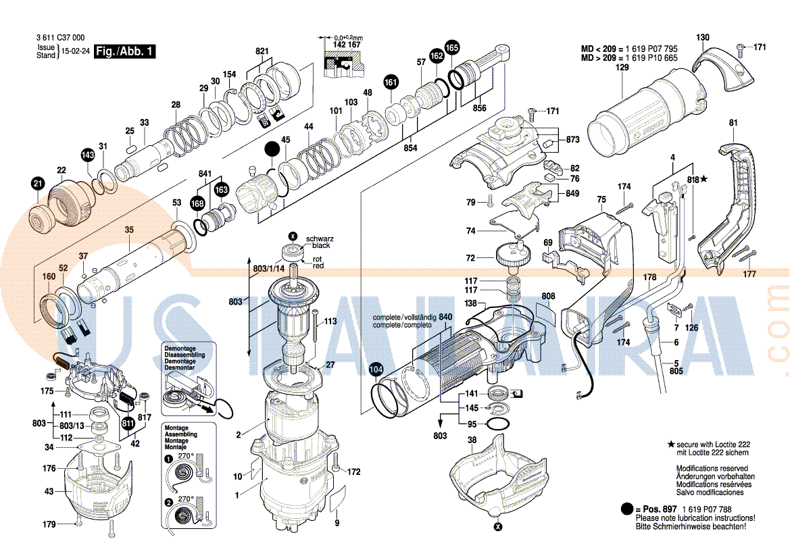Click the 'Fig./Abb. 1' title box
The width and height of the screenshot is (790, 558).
point(126,51)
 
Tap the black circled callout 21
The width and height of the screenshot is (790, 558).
point(37,183)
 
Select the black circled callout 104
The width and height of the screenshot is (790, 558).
point(376,370)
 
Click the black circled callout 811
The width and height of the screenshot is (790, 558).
point(128,424)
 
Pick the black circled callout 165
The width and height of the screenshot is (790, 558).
point(451,47)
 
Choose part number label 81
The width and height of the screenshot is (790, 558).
point(733,122)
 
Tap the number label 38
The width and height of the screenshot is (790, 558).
point(472,440)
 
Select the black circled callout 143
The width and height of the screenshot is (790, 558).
point(88,155)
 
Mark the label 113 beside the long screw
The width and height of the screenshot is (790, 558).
point(330,322)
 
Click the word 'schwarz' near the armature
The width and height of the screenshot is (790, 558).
point(320,239)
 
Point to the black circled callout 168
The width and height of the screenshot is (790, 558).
point(197,203)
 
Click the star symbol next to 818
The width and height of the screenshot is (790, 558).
point(704,179)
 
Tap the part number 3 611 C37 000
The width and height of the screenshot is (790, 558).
point(60,38)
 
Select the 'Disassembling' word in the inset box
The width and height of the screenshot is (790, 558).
point(184,355)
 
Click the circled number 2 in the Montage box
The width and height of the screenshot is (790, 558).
point(168,503)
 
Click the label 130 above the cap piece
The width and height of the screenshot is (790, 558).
point(703,37)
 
